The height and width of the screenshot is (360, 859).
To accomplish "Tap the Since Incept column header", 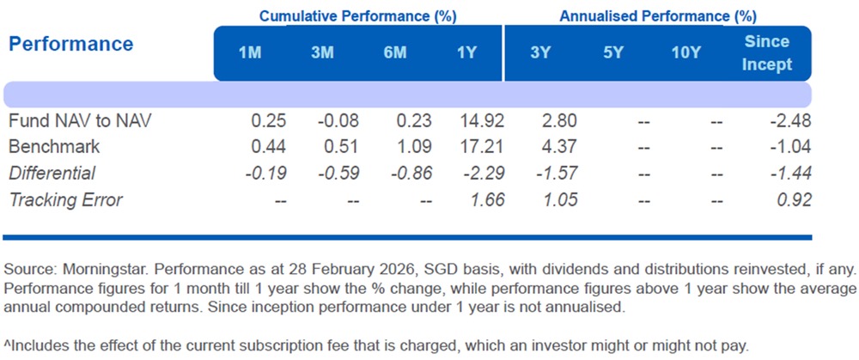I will [767, 53].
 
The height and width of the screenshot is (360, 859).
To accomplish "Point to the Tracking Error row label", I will [65, 200].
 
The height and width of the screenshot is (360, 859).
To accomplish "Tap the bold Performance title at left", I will [71, 44].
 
